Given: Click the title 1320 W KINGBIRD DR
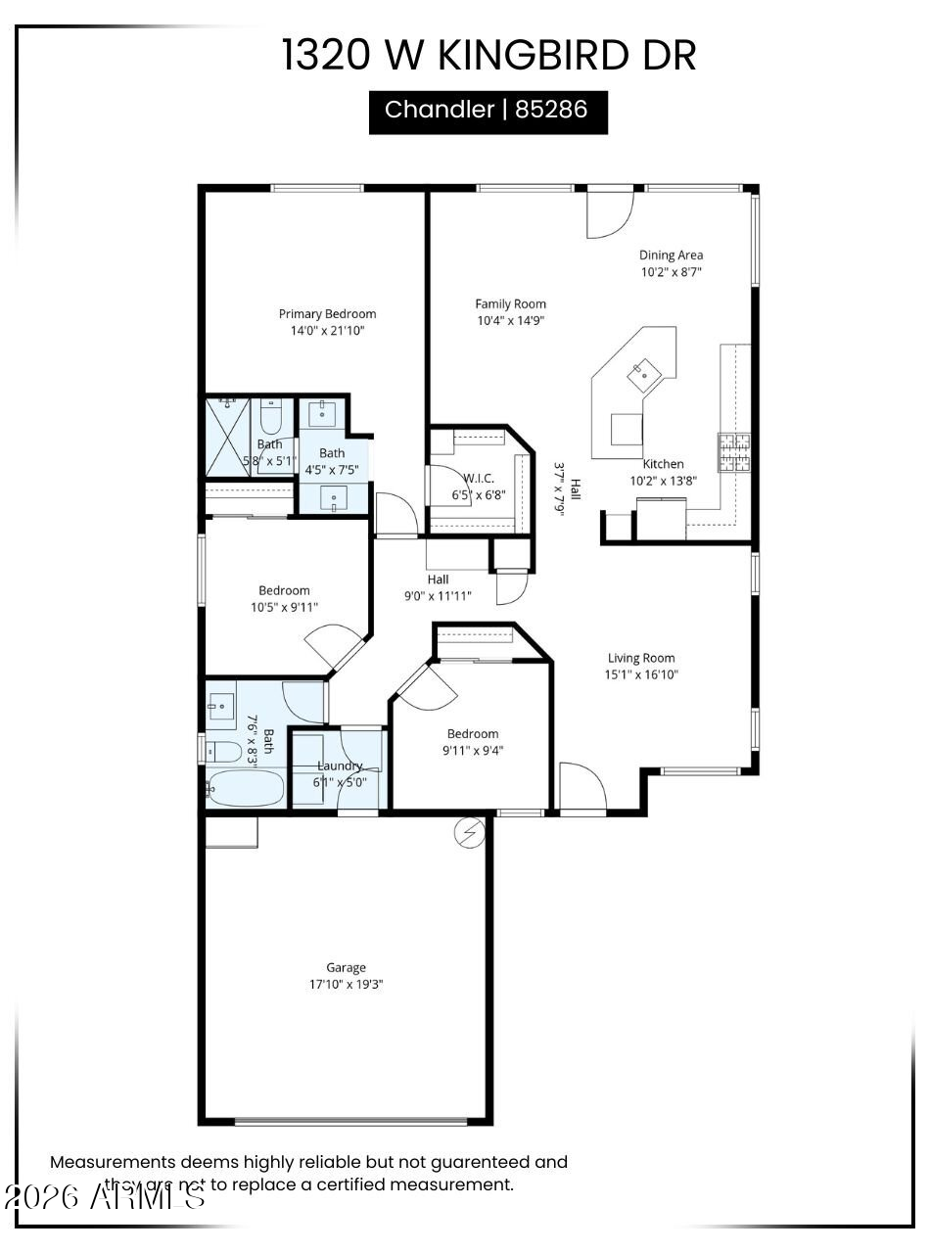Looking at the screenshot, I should click(x=488, y=55).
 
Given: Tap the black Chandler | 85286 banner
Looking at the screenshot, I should click(x=488, y=112).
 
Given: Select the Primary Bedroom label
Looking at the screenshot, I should click(x=327, y=314).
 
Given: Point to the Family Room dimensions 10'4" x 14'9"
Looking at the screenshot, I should click(x=510, y=320).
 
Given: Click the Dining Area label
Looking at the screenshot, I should click(x=671, y=255).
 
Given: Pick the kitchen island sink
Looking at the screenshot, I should click(x=645, y=369).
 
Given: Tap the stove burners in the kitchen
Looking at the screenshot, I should click(x=733, y=452).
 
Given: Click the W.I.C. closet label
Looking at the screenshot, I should click(x=479, y=478).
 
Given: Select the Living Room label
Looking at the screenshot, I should click(x=641, y=659).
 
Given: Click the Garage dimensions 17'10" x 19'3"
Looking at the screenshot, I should click(x=346, y=984).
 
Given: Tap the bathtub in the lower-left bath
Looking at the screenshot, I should click(x=246, y=788).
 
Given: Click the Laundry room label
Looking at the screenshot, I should click(x=339, y=766).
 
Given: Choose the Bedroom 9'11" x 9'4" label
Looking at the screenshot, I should click(x=473, y=734).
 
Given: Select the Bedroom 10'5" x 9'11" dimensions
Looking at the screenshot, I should click(x=284, y=607).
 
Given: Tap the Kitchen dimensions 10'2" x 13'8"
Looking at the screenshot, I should click(x=663, y=481).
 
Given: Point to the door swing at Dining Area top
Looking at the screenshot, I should click(x=607, y=213).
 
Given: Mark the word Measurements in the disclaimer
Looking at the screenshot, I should click(x=112, y=1163).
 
